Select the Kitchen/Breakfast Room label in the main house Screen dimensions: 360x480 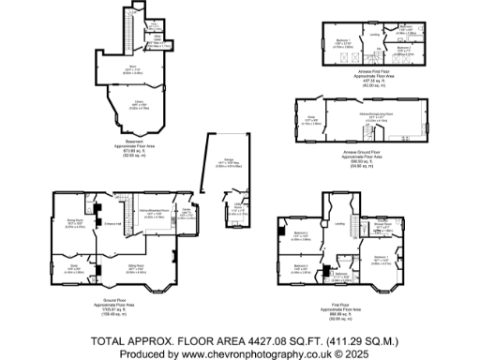coord(154,213)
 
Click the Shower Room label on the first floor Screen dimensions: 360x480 coord(382,226)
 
